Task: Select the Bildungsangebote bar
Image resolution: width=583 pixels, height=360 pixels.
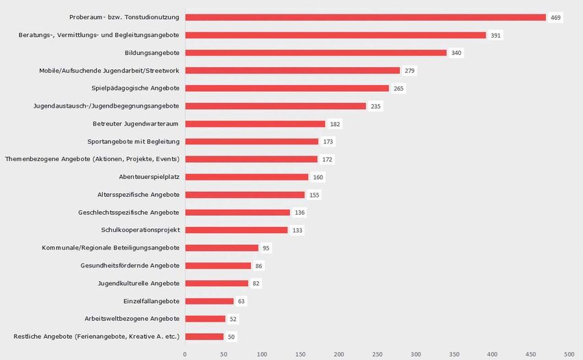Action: pos(316,53)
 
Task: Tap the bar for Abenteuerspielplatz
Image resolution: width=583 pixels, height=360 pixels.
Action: pos(247,177)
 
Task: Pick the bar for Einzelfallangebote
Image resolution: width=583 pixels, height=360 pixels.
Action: pos(209,301)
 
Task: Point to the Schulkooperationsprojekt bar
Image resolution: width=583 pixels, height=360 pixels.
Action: pos(237,230)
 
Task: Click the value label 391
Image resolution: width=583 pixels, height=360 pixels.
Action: pos(496,35)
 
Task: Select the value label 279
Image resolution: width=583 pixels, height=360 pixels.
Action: pos(409,71)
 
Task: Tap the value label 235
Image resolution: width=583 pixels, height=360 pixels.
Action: pos(376,106)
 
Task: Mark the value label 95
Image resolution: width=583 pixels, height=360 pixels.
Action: pos(267,248)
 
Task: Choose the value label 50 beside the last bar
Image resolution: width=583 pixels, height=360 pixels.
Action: pos(232,337)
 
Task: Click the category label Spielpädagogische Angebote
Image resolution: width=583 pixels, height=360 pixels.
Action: pos(136,88)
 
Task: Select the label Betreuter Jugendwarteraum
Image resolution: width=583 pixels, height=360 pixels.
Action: pos(136,124)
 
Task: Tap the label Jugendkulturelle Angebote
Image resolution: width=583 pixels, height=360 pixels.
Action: pos(139,283)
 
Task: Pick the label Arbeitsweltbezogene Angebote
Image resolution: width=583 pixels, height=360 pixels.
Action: pos(132,319)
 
